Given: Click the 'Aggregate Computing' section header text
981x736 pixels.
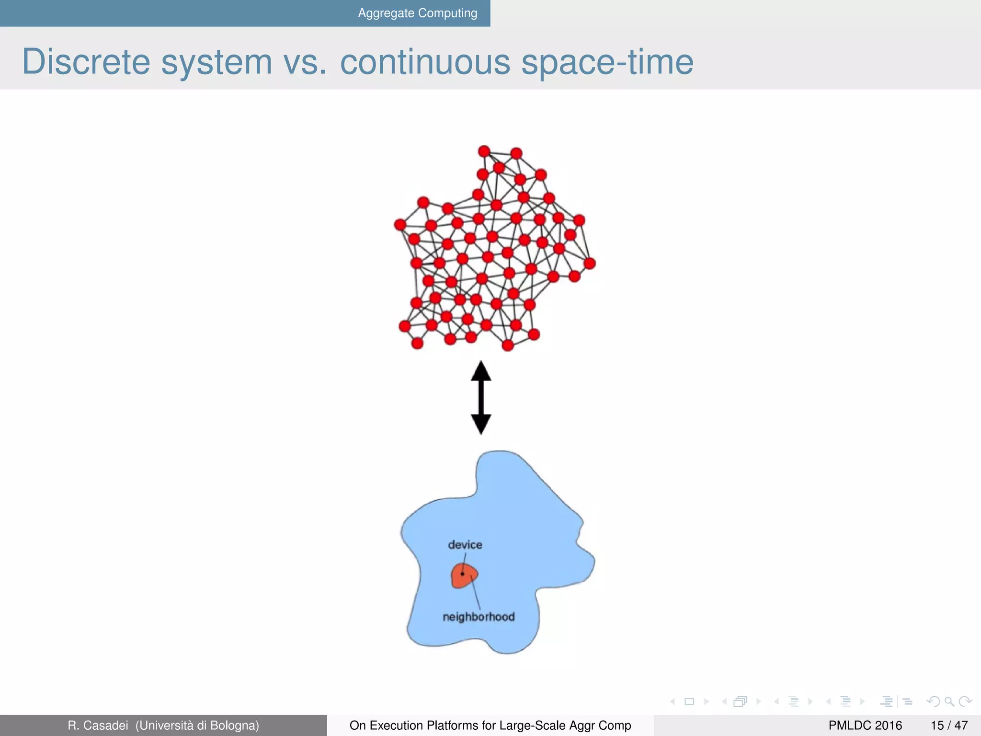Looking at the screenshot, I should [x=417, y=13].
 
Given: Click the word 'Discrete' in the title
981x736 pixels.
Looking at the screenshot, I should [x=86, y=62].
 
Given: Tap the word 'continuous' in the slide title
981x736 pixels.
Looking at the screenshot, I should [x=425, y=62].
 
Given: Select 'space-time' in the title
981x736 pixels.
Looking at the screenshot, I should [x=607, y=62].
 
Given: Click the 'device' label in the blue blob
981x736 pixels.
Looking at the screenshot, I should [x=465, y=545].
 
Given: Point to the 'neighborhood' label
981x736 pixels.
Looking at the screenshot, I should [x=479, y=617].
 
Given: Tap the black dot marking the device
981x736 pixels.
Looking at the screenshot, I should [x=463, y=574].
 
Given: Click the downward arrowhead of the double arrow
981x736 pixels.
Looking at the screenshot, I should [x=481, y=424].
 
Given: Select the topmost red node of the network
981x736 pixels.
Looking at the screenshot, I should [x=484, y=151].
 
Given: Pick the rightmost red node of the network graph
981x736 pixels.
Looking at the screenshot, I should [x=590, y=263].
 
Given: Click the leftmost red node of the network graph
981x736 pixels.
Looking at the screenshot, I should [x=400, y=224].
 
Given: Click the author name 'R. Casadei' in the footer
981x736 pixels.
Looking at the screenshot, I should [x=98, y=725].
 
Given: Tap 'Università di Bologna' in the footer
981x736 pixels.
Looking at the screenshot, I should [x=197, y=725].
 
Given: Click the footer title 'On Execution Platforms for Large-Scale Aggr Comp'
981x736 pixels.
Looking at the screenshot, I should [x=490, y=725].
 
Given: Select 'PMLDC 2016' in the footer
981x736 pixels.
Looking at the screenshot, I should [x=865, y=725].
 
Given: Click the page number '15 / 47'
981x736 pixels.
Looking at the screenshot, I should [x=949, y=725].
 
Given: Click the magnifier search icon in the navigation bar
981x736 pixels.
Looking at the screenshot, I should [x=949, y=702].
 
